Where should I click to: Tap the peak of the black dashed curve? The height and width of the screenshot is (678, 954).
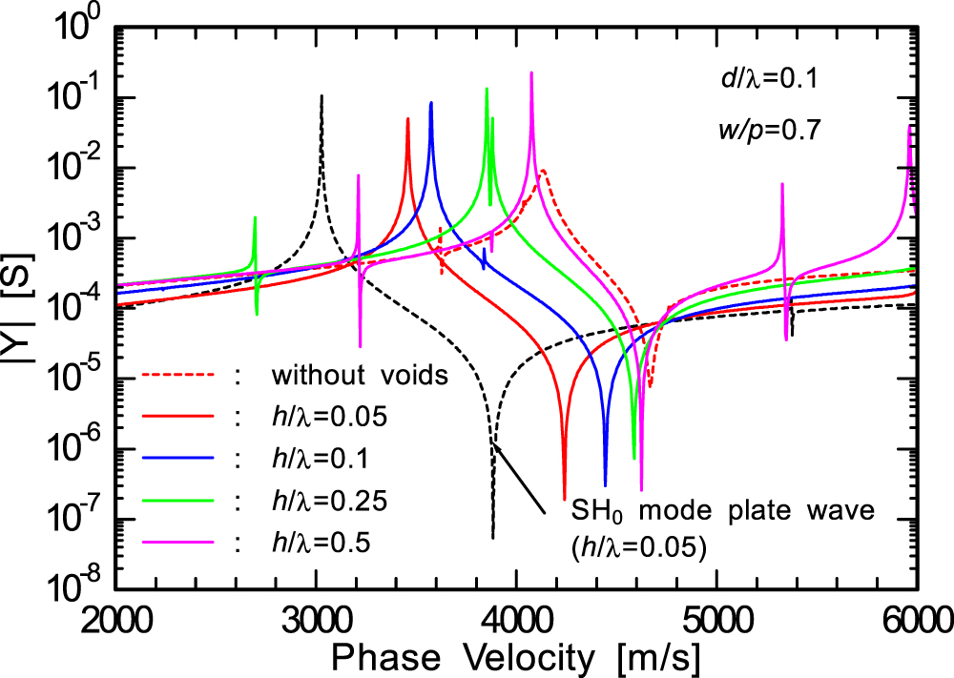(x=321, y=96)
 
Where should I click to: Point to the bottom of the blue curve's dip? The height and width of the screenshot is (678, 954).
(x=605, y=484)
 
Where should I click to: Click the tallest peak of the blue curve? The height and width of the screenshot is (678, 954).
(x=431, y=103)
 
